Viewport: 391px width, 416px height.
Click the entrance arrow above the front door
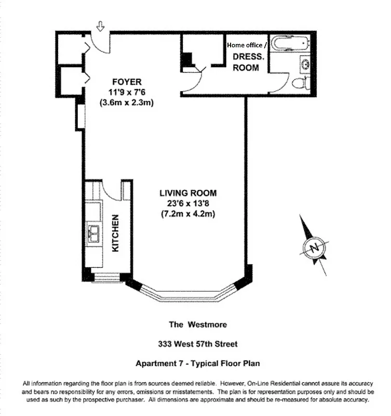[x=100, y=25]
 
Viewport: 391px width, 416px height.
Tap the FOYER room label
[x=127, y=82]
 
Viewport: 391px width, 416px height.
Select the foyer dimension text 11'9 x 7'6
[x=127, y=92]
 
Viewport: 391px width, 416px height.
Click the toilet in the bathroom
[x=301, y=83]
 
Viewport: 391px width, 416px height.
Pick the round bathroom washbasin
[x=305, y=64]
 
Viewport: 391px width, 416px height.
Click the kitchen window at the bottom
[x=106, y=279]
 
